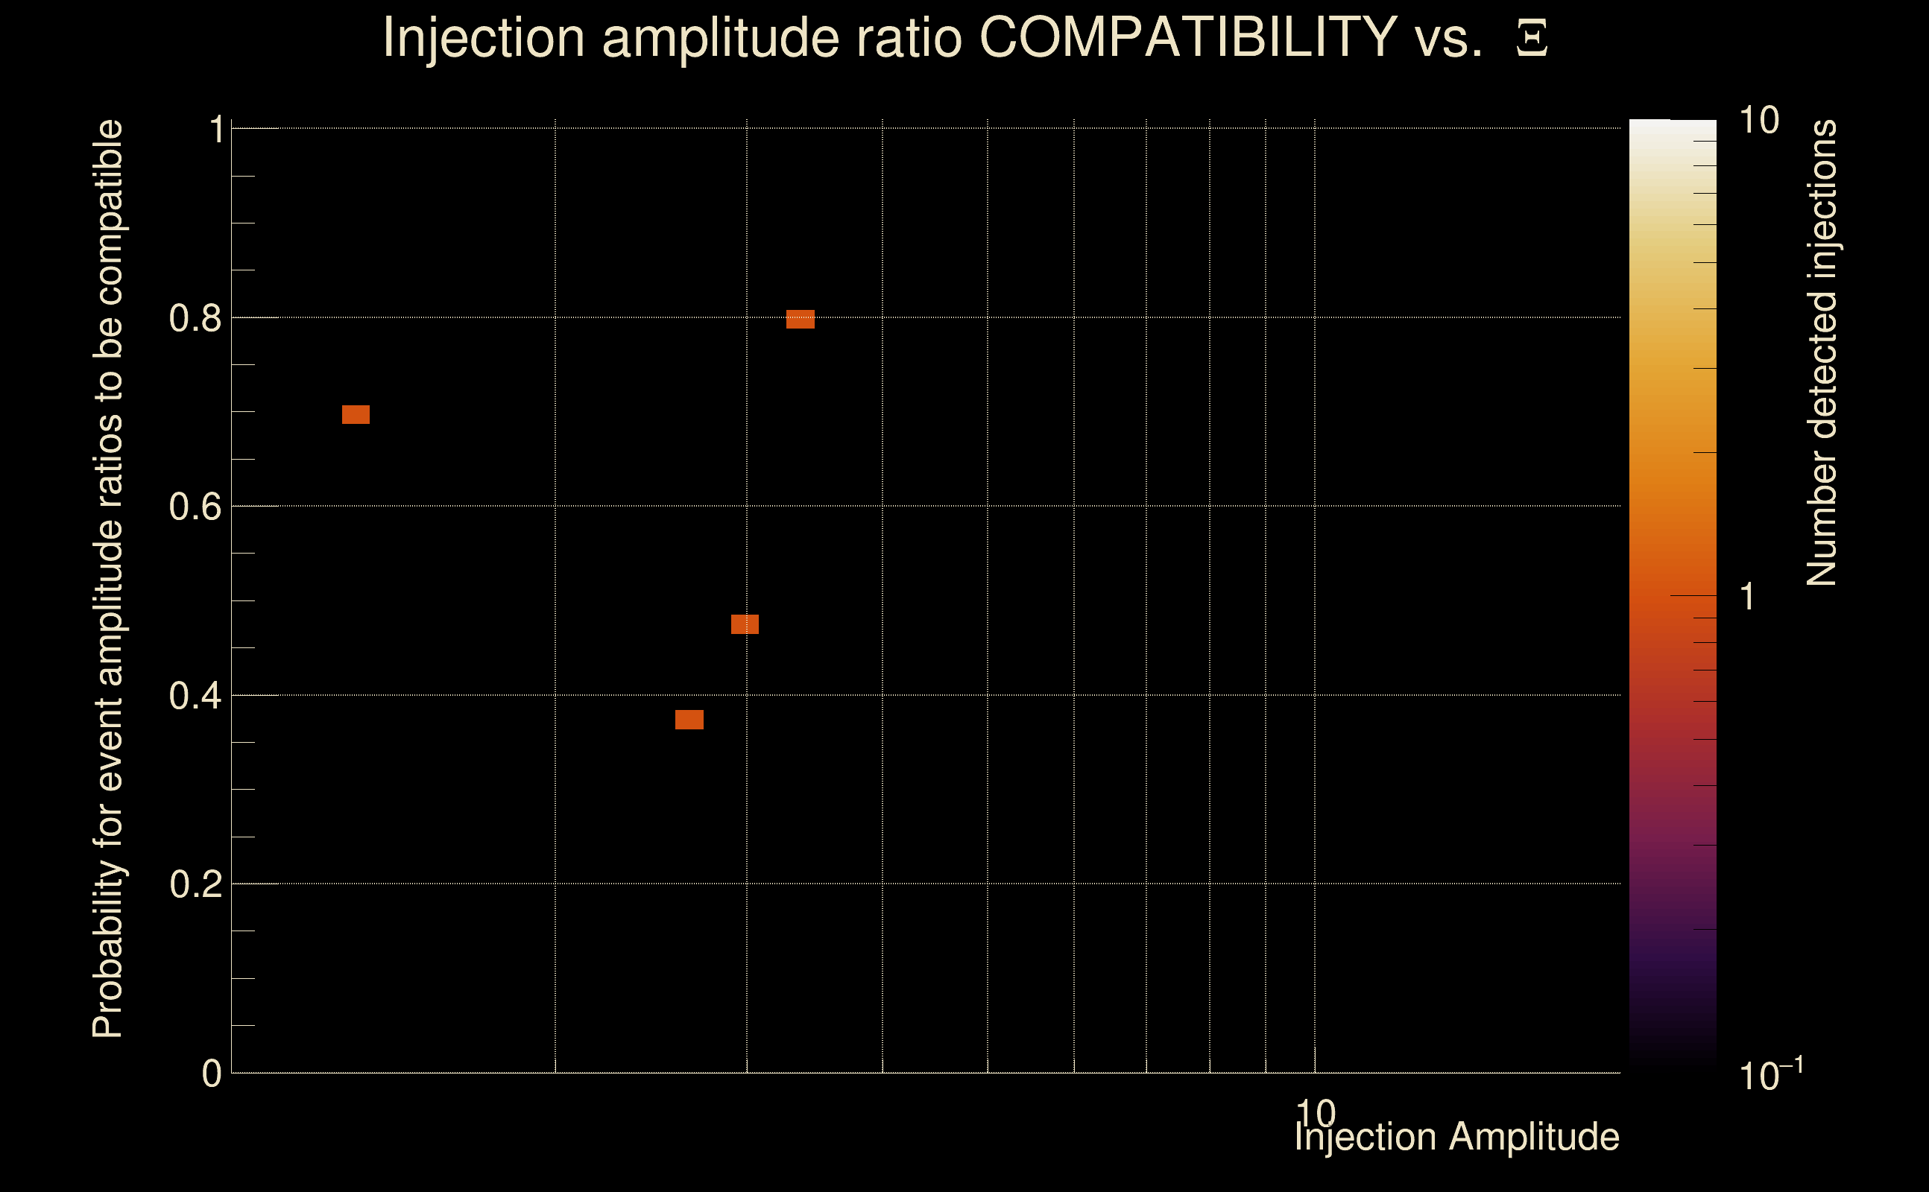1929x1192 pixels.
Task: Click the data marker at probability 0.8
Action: point(800,320)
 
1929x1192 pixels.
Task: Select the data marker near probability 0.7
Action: point(356,415)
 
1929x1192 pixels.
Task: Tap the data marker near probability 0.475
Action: point(745,624)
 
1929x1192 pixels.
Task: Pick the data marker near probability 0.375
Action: point(689,720)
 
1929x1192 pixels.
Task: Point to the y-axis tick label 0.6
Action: point(195,506)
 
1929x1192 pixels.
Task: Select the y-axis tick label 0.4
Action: point(195,695)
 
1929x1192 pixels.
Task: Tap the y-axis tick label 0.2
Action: point(195,884)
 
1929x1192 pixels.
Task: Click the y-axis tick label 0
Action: point(212,1073)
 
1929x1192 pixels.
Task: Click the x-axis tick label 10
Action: point(1315,1112)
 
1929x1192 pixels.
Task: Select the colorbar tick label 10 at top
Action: point(1758,121)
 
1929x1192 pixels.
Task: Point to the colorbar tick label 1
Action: point(1748,596)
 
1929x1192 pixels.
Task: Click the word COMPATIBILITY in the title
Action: point(1187,37)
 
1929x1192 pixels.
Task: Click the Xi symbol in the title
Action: point(1532,38)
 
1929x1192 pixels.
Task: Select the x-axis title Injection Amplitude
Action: point(1456,1138)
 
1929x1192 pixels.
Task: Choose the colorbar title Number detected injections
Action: point(1822,352)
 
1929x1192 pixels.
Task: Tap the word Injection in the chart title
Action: point(484,37)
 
